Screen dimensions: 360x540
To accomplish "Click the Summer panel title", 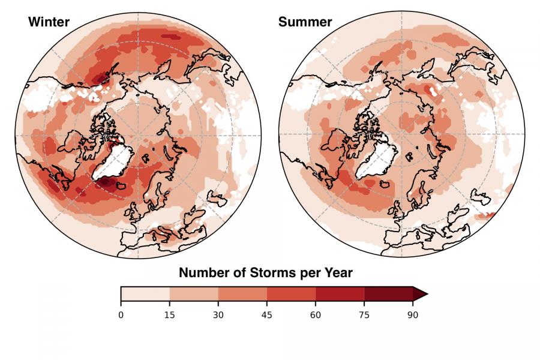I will (x=305, y=23).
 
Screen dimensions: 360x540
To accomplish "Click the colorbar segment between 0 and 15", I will (x=145, y=293).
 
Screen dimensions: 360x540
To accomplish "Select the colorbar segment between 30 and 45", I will (x=242, y=293).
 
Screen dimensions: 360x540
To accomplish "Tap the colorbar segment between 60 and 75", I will (x=340, y=293).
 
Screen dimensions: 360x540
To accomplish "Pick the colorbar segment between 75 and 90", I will (x=388, y=293).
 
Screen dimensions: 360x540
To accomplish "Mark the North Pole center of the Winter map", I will (x=138, y=135).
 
